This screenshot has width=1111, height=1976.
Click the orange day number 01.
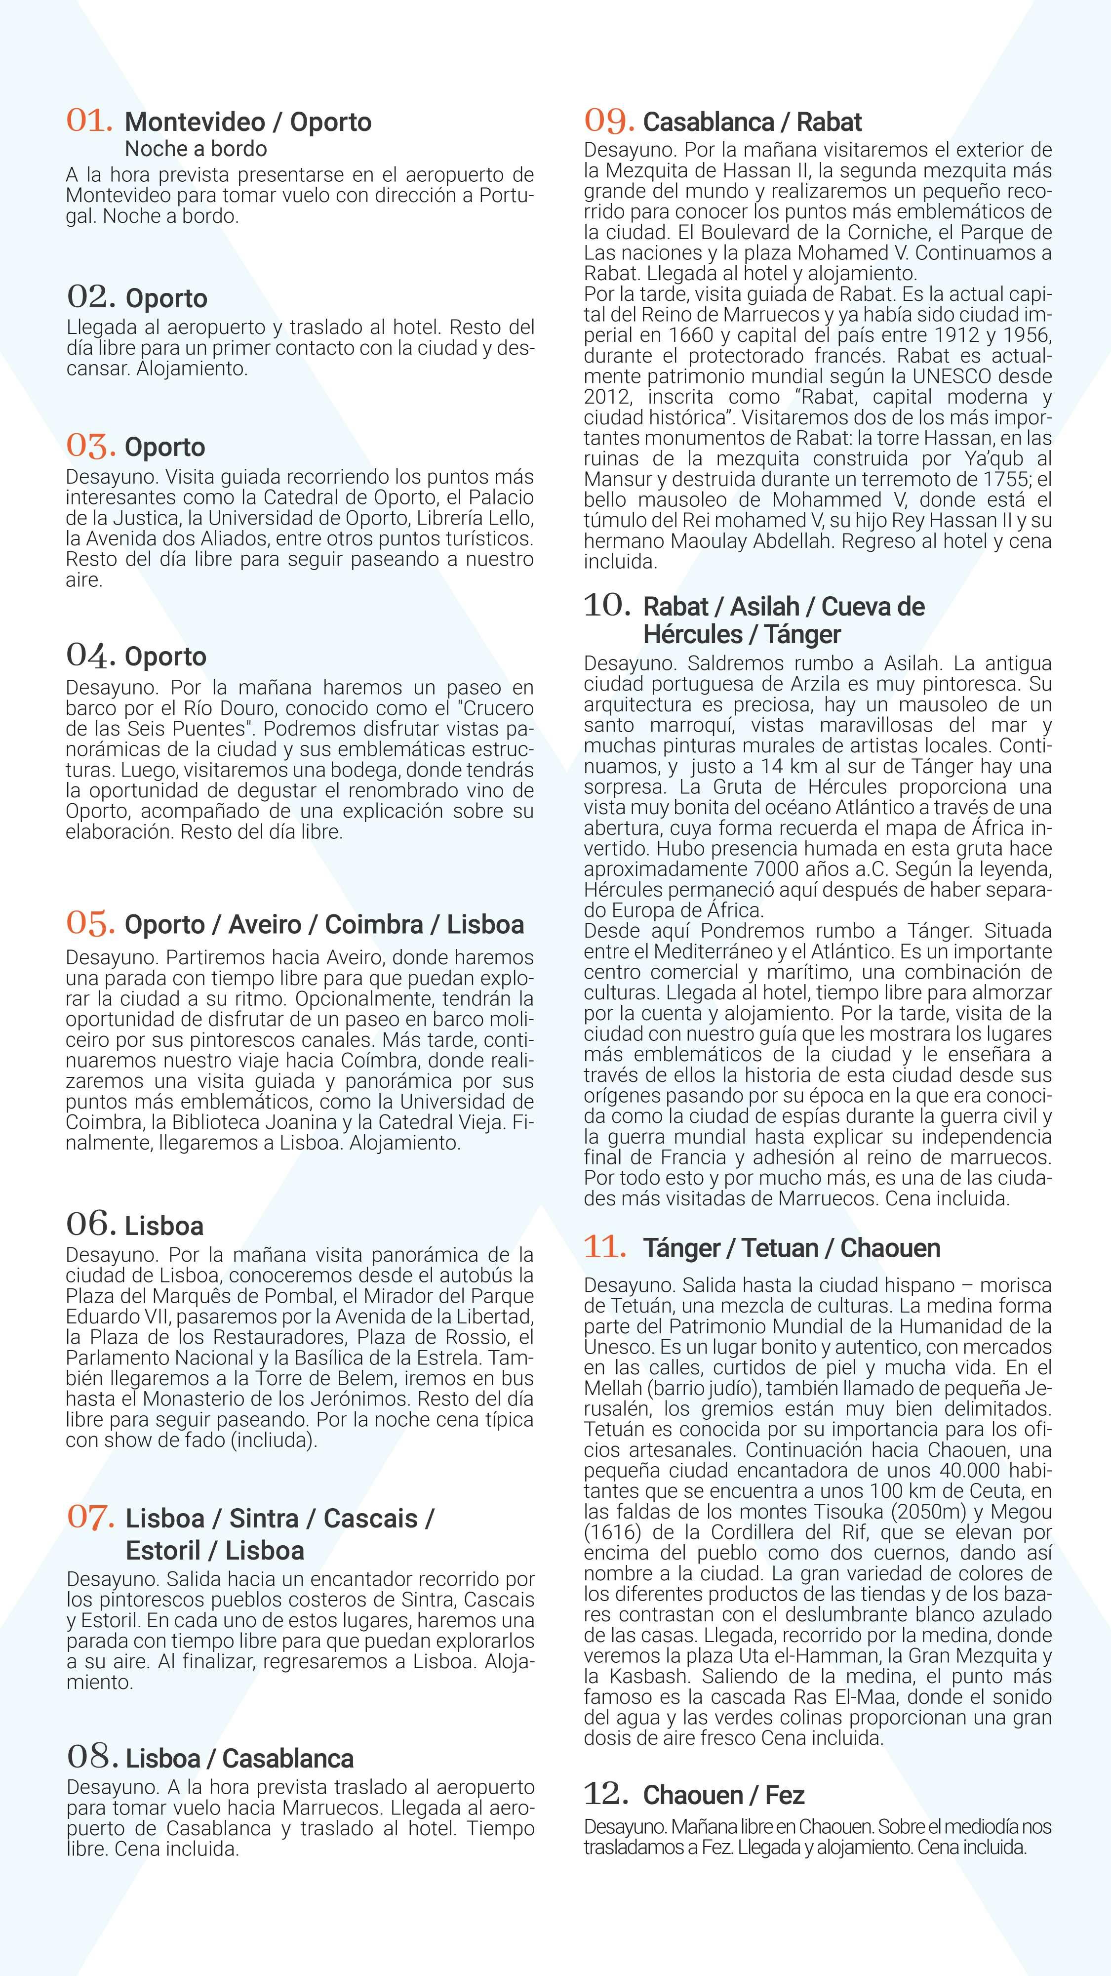(x=90, y=121)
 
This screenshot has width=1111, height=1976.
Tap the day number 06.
(x=90, y=1224)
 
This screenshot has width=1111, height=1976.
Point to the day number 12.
(x=606, y=1793)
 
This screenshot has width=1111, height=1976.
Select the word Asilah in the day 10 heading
(x=765, y=607)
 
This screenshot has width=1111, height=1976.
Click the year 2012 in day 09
(x=606, y=397)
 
